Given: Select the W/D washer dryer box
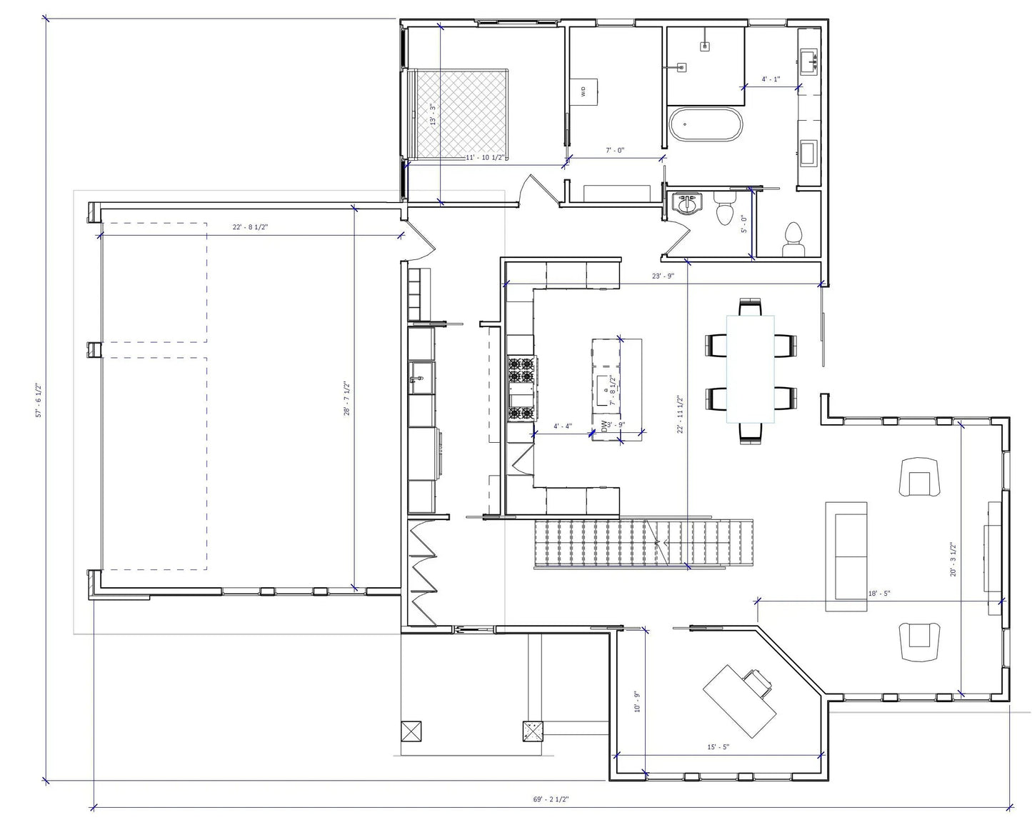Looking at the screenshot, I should (583, 91).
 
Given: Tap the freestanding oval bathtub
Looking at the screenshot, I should (705, 124).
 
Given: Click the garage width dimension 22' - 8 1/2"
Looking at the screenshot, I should (250, 227).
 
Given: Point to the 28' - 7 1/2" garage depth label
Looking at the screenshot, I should (347, 399).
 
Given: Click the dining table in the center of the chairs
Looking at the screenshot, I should (751, 368).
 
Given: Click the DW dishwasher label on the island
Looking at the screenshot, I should (604, 427).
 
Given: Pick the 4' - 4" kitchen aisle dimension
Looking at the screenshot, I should (563, 426).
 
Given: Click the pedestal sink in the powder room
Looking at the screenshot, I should (687, 204).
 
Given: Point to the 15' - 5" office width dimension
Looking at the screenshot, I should (718, 747).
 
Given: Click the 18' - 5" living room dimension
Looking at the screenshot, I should (878, 594).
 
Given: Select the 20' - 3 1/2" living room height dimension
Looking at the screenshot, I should (953, 559).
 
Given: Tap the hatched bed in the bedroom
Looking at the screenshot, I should (461, 112).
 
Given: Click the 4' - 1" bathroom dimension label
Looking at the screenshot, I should (771, 79).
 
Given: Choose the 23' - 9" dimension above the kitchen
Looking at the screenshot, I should (663, 276).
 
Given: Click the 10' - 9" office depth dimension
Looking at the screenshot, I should (637, 701).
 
